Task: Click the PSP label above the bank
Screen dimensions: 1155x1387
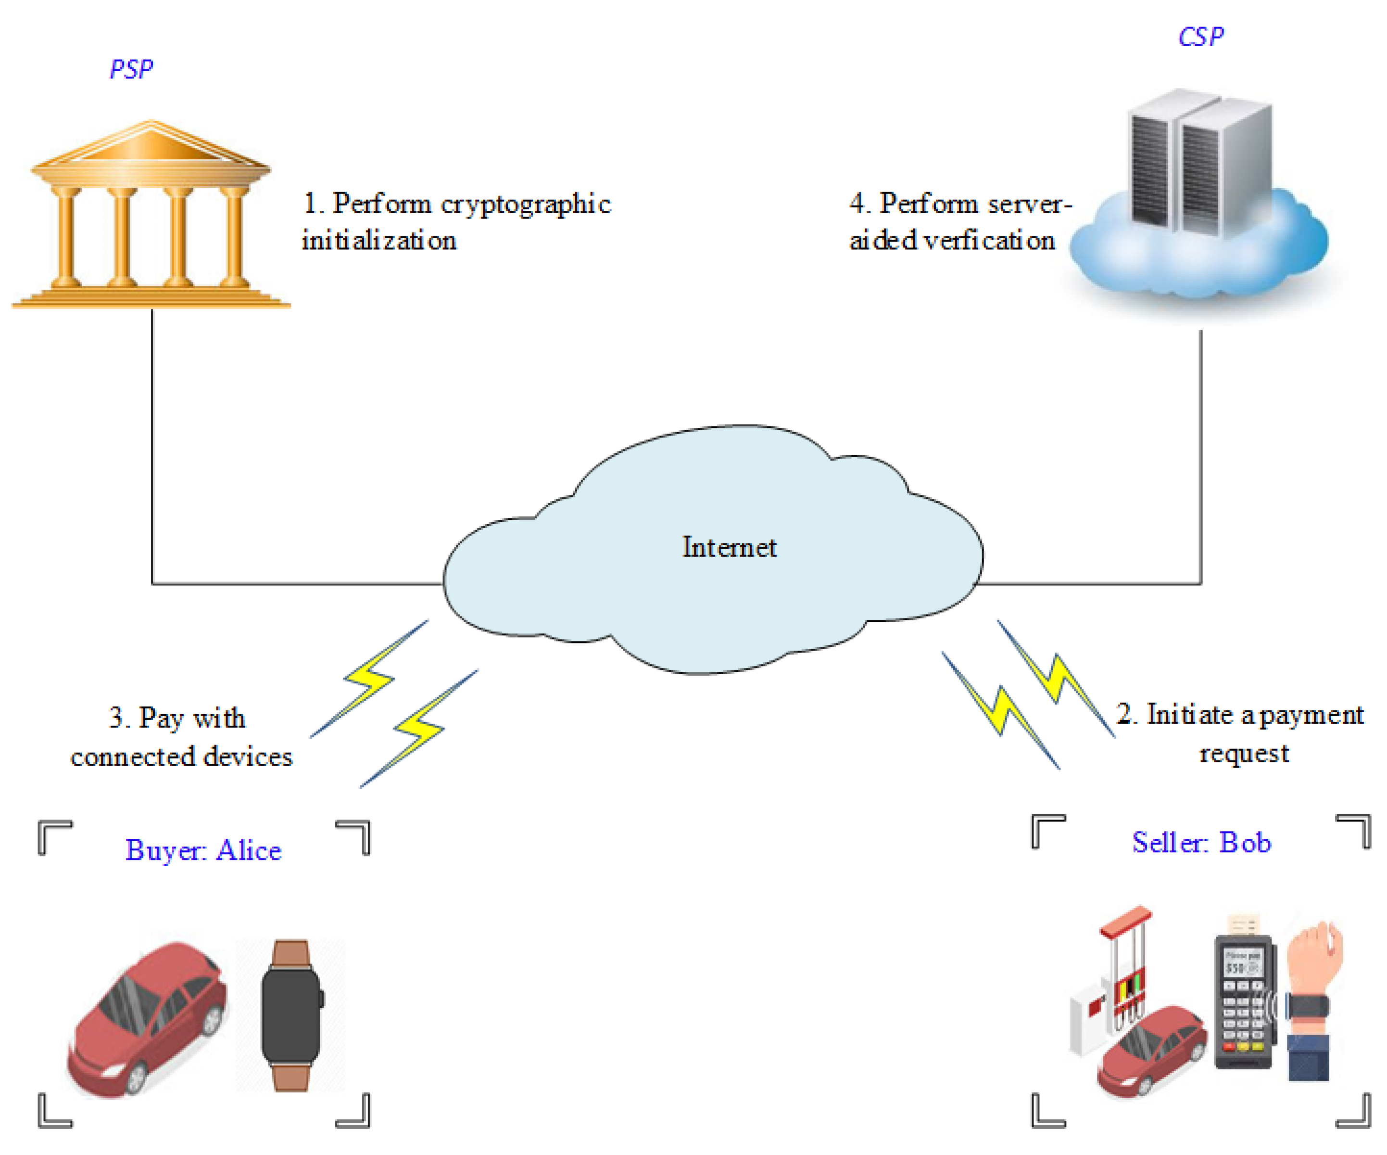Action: point(131,69)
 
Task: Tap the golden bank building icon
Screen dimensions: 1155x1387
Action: point(151,215)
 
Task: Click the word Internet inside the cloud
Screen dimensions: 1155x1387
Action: point(729,547)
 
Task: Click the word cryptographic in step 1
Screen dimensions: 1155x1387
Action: point(525,204)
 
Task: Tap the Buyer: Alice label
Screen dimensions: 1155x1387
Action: point(203,850)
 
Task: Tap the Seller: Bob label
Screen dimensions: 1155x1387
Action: point(1201,843)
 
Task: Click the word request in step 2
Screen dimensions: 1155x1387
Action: point(1244,753)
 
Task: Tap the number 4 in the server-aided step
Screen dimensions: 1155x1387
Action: point(857,204)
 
